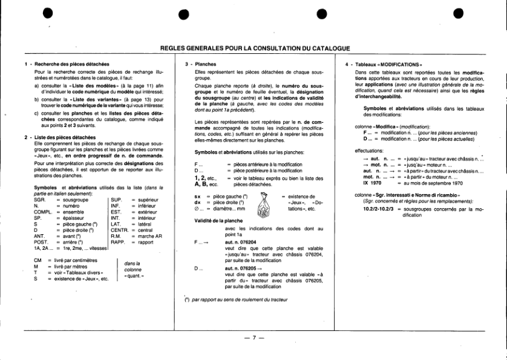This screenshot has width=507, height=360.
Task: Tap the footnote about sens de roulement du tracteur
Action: [x=237, y=299]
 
